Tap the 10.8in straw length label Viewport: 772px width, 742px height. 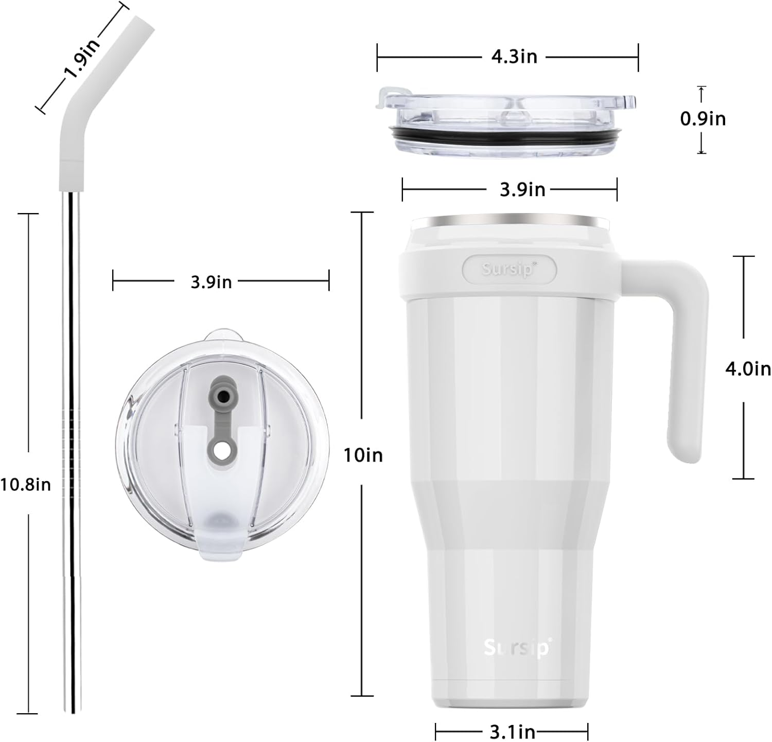coord(26,484)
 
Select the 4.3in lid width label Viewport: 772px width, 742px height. coord(514,57)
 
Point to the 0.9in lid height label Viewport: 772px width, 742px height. coord(703,119)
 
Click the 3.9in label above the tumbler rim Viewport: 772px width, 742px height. coord(522,190)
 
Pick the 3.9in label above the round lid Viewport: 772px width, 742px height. coord(211,282)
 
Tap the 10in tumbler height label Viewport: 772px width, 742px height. coord(363,455)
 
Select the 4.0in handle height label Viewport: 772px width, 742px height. coord(747,368)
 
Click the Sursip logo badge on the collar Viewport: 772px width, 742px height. coord(509,269)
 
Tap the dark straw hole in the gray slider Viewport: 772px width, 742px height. coord(223,396)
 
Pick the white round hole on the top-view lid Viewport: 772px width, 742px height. coord(222,451)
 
